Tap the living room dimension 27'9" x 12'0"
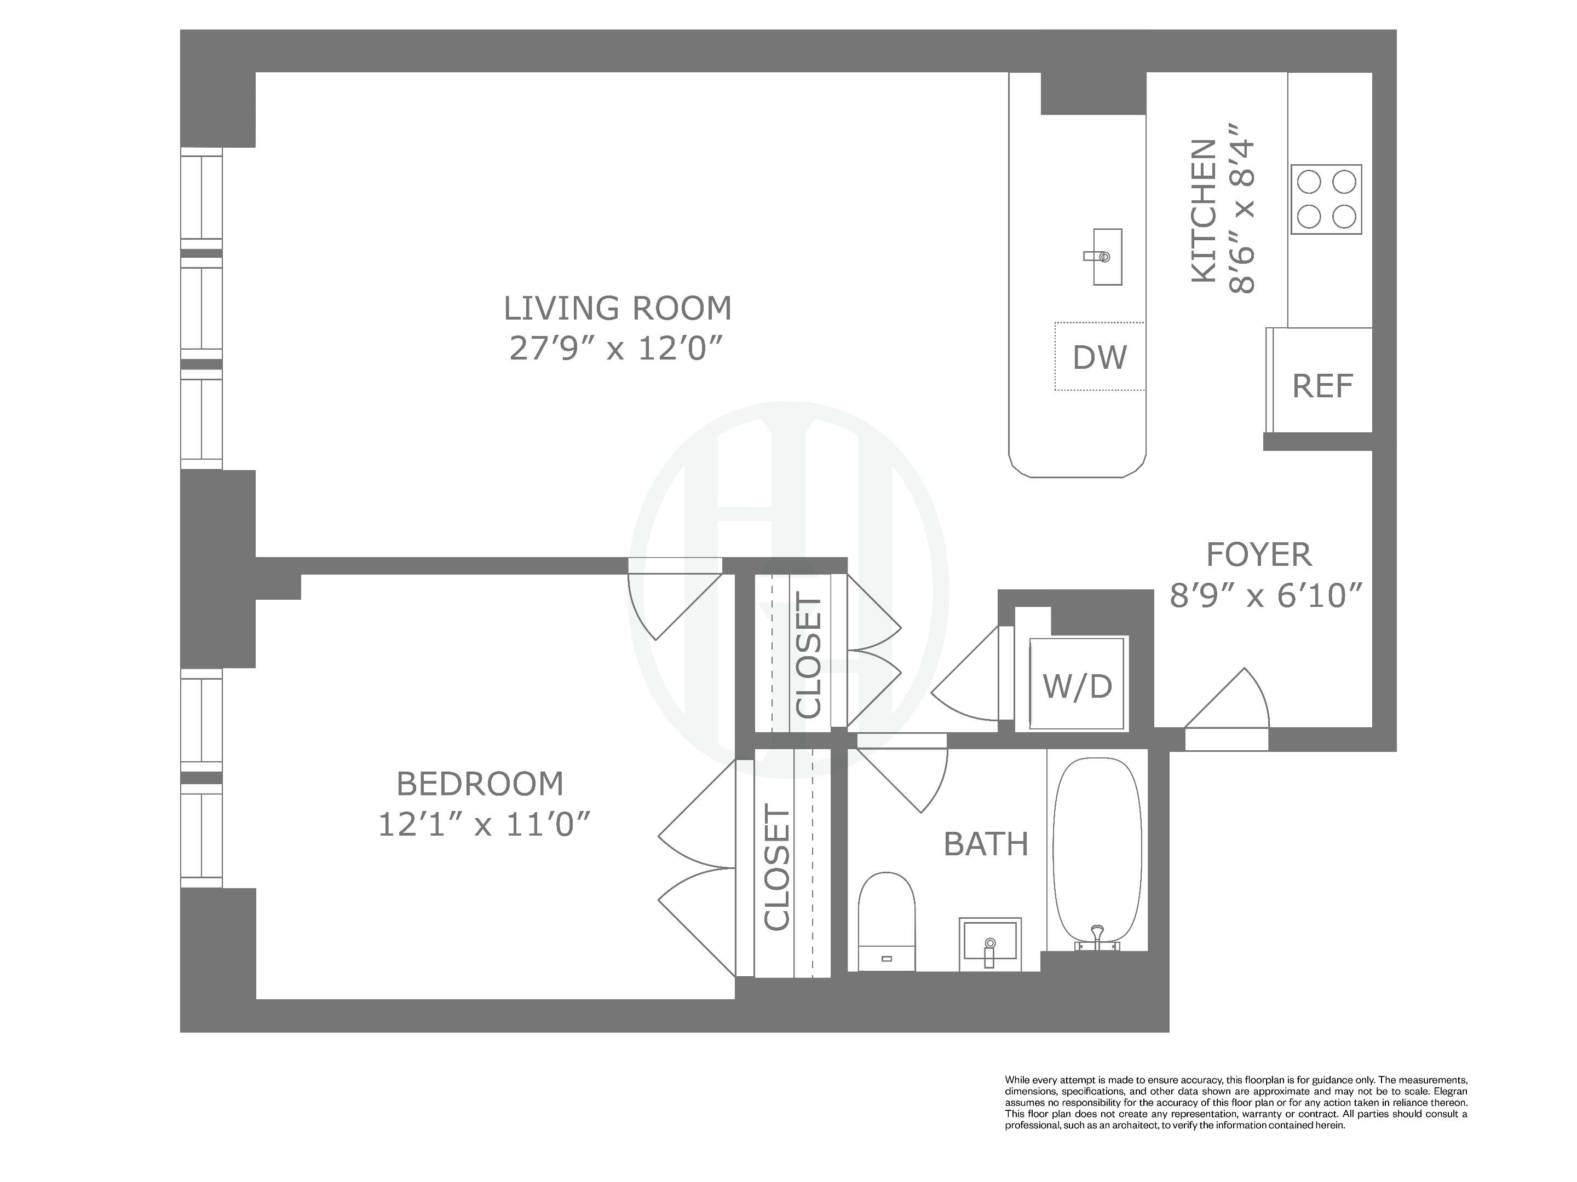coord(618,349)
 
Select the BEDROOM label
coord(480,784)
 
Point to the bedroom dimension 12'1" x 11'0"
coord(484,825)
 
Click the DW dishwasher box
coord(1100,357)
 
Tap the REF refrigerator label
coord(1322,386)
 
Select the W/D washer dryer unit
coord(1077,685)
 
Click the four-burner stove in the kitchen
coord(1326,200)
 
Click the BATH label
coord(986,844)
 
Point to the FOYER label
coord(1258,554)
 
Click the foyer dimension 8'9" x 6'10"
coord(1266,595)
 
